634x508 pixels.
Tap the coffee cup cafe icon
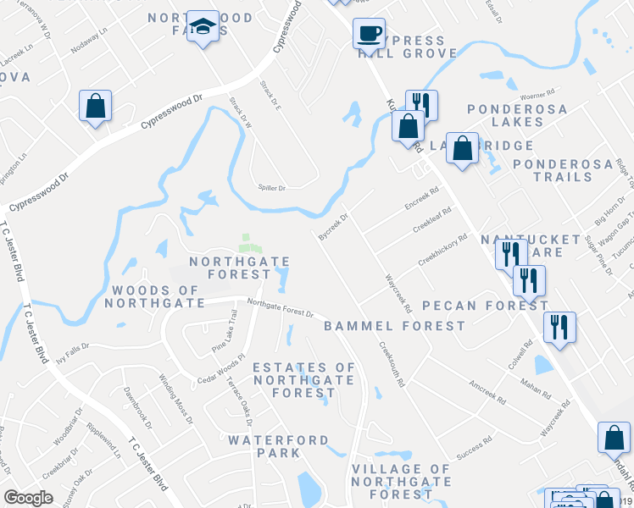pyautogui.click(x=369, y=34)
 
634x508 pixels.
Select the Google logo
pyautogui.click(x=28, y=497)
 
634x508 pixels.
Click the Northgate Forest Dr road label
pyautogui.click(x=281, y=307)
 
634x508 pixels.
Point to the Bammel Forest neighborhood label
pyautogui.click(x=394, y=325)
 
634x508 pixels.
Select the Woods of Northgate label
pyautogui.click(x=154, y=296)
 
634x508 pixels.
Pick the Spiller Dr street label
pyautogui.click(x=272, y=188)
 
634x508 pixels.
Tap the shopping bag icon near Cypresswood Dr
pyautogui.click(x=95, y=107)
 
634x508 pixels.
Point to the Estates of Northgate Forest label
pyautogui.click(x=304, y=380)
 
